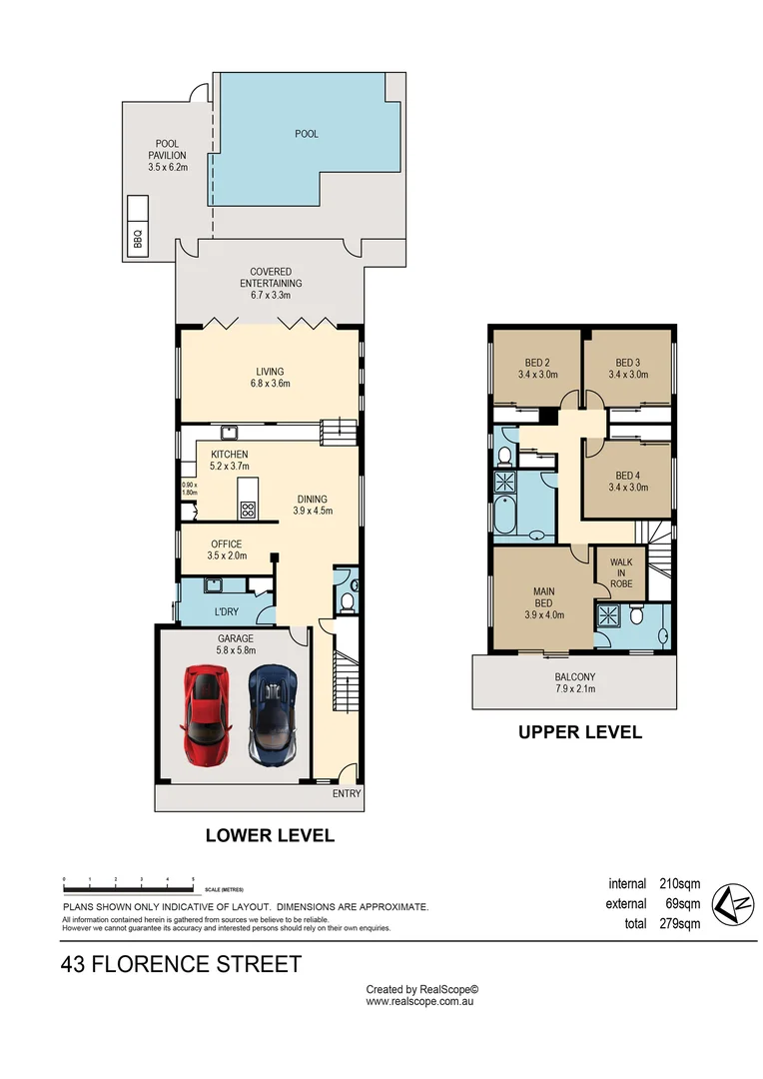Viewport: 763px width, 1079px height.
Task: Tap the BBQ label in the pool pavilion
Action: click(138, 238)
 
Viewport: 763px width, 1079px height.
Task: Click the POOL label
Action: click(307, 134)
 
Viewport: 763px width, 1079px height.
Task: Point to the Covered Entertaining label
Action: click(271, 278)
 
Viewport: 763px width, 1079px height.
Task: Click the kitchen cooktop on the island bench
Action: click(247, 510)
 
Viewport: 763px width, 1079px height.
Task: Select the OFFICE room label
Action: click(227, 543)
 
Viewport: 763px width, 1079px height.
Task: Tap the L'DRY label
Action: click(227, 611)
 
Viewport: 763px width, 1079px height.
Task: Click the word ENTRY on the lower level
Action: click(347, 793)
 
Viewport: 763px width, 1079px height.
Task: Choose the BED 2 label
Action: click(537, 363)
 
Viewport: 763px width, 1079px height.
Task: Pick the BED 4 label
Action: click(628, 476)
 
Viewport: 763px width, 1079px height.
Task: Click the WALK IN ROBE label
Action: click(621, 573)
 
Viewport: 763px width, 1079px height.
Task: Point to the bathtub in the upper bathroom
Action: click(505, 515)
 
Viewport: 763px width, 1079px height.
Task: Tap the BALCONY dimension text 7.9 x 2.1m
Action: click(575, 688)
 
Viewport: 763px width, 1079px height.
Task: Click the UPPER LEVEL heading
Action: click(580, 732)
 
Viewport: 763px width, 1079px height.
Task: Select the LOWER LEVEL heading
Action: click(270, 835)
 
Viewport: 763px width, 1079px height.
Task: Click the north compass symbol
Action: click(733, 904)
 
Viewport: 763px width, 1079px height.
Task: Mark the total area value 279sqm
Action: click(680, 923)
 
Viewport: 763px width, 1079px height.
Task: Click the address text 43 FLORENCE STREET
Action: click(181, 964)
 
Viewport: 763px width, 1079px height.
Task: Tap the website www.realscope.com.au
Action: click(419, 1001)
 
